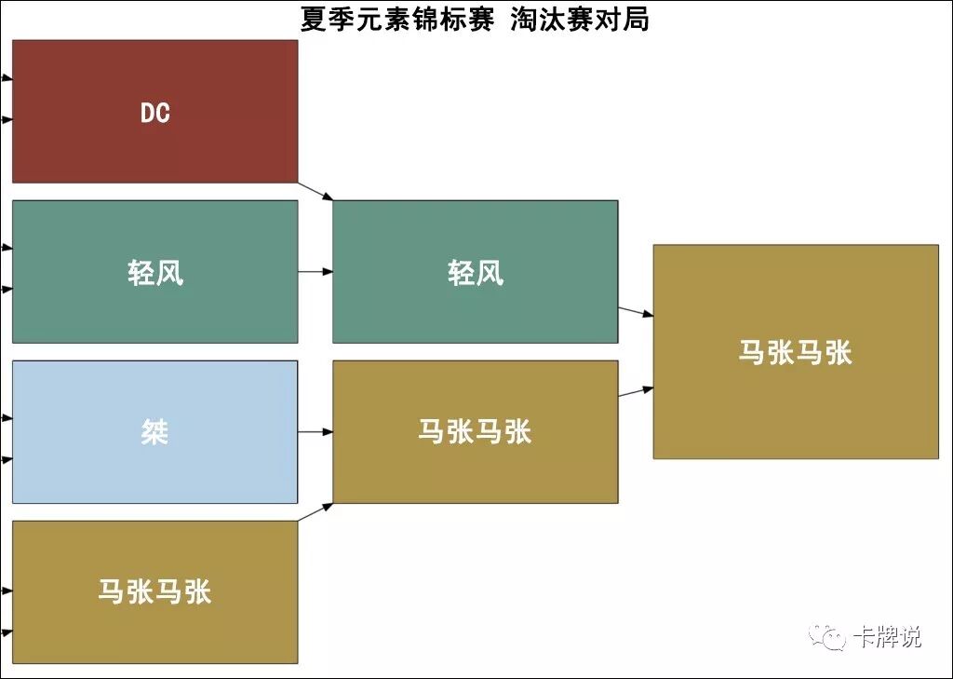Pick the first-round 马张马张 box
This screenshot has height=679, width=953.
pyautogui.click(x=154, y=629)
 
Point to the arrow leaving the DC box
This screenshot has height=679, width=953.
pyautogui.click(x=315, y=190)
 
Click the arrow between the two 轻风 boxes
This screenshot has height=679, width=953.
pyautogui.click(x=315, y=272)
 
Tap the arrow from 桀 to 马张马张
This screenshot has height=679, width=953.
pyautogui.click(x=315, y=432)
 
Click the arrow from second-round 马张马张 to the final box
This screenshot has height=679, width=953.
pyautogui.click(x=636, y=391)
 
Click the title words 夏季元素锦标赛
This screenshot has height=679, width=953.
pyautogui.click(x=396, y=19)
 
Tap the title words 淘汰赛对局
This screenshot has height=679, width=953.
pyautogui.click(x=579, y=19)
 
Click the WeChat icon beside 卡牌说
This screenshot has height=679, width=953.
pyautogui.click(x=826, y=637)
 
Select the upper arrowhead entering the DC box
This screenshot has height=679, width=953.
pyautogui.click(x=7, y=78)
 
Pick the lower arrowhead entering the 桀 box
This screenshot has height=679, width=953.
pyautogui.click(x=7, y=459)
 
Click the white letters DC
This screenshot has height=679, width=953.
pyautogui.click(x=154, y=113)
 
